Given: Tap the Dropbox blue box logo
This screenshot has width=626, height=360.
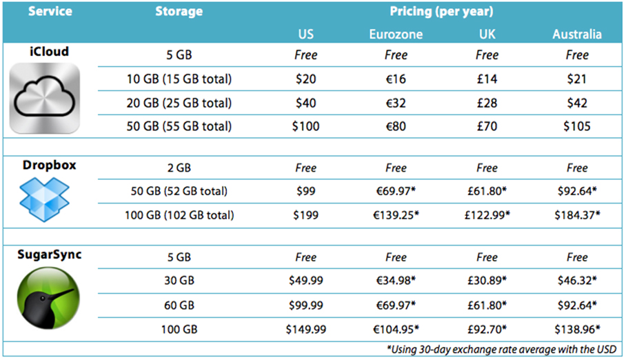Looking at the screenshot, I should coord(44,199).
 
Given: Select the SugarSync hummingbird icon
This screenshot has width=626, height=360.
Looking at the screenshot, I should coord(45,298).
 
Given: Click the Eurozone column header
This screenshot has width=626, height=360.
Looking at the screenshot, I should coord(396,34).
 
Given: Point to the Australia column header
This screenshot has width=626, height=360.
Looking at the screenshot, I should coord(577,34).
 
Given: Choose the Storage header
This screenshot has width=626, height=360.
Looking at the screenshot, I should coord(179,12).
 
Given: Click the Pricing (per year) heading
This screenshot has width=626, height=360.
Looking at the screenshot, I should coord(442,12).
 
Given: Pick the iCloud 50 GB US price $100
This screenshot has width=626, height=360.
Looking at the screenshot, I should coord(306,126).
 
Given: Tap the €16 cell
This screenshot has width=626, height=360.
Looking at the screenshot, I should coord(396,79).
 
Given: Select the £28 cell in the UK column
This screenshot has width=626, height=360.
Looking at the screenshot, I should coord(487,103).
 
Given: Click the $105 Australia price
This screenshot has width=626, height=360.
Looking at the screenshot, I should coord(577,126).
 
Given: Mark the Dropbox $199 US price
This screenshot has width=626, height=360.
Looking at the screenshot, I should coord(306,215).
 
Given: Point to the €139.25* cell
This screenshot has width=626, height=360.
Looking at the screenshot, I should coord(396,215).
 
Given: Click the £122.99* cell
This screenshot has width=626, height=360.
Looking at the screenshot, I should coord(487,215).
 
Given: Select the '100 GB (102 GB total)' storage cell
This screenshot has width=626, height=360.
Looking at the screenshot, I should coord(179,215).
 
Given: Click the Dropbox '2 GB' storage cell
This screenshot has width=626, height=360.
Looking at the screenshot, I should coord(179,168).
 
